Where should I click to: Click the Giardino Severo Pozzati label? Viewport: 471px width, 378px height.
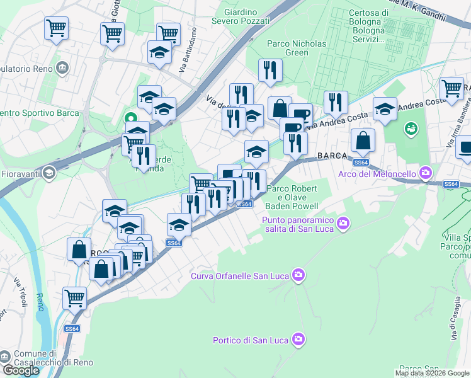(247, 16)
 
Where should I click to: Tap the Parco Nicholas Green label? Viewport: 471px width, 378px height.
(297, 49)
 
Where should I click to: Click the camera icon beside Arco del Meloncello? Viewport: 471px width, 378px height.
(426, 173)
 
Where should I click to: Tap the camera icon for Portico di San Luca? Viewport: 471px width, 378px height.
(299, 340)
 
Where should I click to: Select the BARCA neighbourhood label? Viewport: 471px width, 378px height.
(333, 156)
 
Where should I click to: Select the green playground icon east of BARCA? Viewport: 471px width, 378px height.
(411, 129)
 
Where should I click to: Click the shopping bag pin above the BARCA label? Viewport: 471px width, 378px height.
(363, 140)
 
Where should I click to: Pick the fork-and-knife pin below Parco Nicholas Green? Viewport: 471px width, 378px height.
(270, 71)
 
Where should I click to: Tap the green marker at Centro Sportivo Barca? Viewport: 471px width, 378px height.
(131, 118)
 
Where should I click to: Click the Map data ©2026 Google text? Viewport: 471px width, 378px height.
(432, 373)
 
